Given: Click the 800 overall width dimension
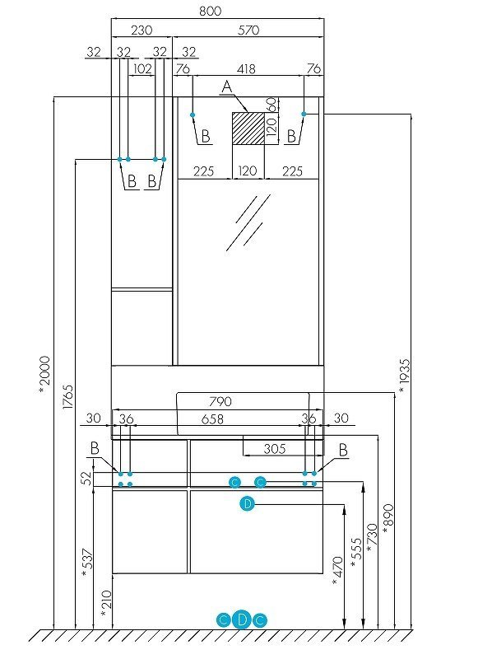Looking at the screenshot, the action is (x=210, y=11).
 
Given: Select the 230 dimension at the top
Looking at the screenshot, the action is (x=142, y=30).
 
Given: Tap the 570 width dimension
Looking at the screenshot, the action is (x=248, y=30).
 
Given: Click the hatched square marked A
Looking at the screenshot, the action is (x=248, y=129).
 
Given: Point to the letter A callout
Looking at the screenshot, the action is (x=227, y=87).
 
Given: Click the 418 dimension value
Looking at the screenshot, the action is (x=246, y=69).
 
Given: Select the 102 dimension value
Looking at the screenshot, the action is (x=142, y=69).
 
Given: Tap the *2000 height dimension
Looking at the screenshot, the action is (x=44, y=375).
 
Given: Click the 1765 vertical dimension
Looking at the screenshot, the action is (x=68, y=396).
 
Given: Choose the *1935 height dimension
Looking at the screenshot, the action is (x=403, y=376).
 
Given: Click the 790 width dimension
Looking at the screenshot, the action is (x=220, y=402).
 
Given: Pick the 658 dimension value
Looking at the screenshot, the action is (x=212, y=419).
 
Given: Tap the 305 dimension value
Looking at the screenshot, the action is (x=275, y=449).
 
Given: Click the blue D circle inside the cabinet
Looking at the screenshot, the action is (x=248, y=503).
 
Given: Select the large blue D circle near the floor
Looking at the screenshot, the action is (x=242, y=619).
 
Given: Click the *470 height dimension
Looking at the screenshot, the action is (x=337, y=571).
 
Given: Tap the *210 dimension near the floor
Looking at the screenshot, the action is (x=107, y=604).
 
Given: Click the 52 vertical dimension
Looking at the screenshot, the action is (x=86, y=479).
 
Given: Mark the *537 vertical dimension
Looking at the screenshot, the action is (x=87, y=563).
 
